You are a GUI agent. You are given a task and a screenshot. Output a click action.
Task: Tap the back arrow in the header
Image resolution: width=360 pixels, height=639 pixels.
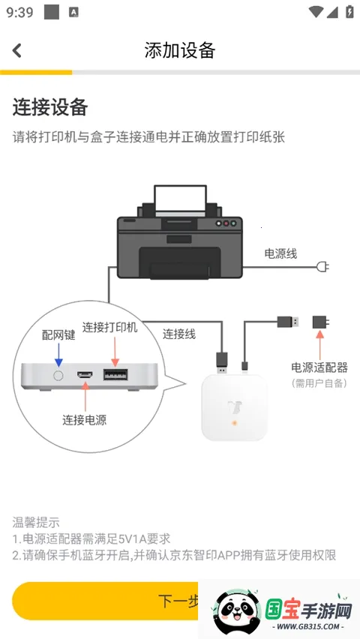(17, 50)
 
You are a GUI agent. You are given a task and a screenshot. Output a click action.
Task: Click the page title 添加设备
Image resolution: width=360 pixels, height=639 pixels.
(180, 50)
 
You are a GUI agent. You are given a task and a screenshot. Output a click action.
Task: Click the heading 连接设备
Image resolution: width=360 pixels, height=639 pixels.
(50, 107)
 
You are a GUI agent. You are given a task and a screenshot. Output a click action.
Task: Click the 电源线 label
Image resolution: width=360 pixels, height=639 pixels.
(280, 253)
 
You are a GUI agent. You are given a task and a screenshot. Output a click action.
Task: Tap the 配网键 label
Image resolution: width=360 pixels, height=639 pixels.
(58, 335)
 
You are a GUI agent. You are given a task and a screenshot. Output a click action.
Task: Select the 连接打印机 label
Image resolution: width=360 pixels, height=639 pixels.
(110, 328)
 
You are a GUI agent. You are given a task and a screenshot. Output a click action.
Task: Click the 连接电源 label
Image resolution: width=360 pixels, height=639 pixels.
(84, 420)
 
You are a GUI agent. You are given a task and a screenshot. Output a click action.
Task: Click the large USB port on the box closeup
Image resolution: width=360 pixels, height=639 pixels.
(115, 375)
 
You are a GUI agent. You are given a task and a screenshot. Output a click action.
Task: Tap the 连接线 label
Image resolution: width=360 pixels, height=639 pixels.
(179, 334)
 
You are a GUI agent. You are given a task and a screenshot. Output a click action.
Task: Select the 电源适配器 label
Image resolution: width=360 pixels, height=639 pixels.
(319, 367)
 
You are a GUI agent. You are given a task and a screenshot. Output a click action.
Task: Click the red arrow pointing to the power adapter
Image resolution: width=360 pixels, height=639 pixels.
(320, 345)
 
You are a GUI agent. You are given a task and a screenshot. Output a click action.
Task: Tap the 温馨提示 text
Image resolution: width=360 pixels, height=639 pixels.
(36, 522)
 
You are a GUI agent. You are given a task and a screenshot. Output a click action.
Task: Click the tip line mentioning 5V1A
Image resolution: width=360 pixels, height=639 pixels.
(91, 538)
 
